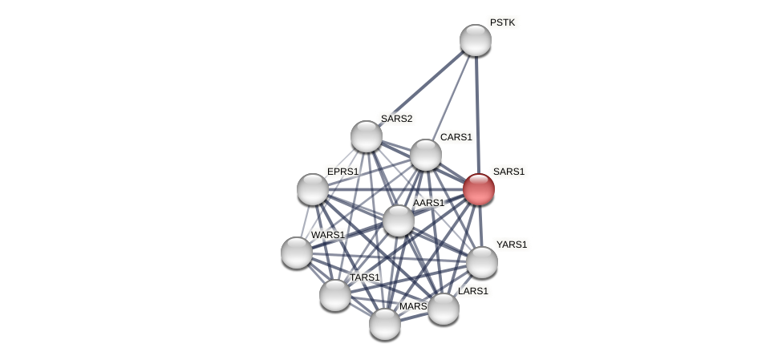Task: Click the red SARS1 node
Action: [479, 189]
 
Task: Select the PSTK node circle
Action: [476, 40]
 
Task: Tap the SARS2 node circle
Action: [367, 136]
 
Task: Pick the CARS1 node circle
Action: [426, 155]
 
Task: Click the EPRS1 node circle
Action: [313, 189]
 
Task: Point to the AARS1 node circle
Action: [399, 220]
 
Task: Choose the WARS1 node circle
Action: [297, 253]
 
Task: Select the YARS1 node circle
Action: [482, 262]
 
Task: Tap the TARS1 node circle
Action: [335, 295]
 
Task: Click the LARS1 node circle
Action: [444, 309]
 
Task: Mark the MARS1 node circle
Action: [385, 324]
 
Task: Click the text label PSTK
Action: [502, 22]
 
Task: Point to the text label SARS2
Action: [396, 119]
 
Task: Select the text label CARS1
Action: [456, 137]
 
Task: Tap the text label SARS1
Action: [509, 172]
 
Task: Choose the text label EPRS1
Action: [342, 172]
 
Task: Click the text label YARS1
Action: [512, 245]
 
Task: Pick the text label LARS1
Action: [472, 291]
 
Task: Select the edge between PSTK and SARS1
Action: [477, 112]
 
